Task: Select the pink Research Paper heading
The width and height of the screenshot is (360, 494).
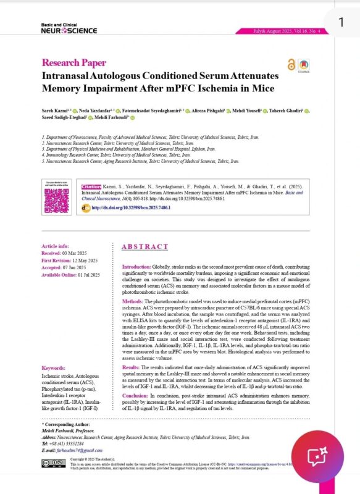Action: (x=73, y=62)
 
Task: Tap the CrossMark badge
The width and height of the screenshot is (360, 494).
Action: (x=304, y=66)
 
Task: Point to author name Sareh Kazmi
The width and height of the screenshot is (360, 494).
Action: (x=54, y=111)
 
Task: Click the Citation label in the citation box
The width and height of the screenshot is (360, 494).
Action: (x=92, y=185)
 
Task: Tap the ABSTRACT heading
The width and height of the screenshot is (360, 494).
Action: (x=144, y=247)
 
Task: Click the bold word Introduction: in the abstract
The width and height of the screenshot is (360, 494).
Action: (x=132, y=266)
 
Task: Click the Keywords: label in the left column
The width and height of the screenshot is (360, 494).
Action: (x=55, y=367)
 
